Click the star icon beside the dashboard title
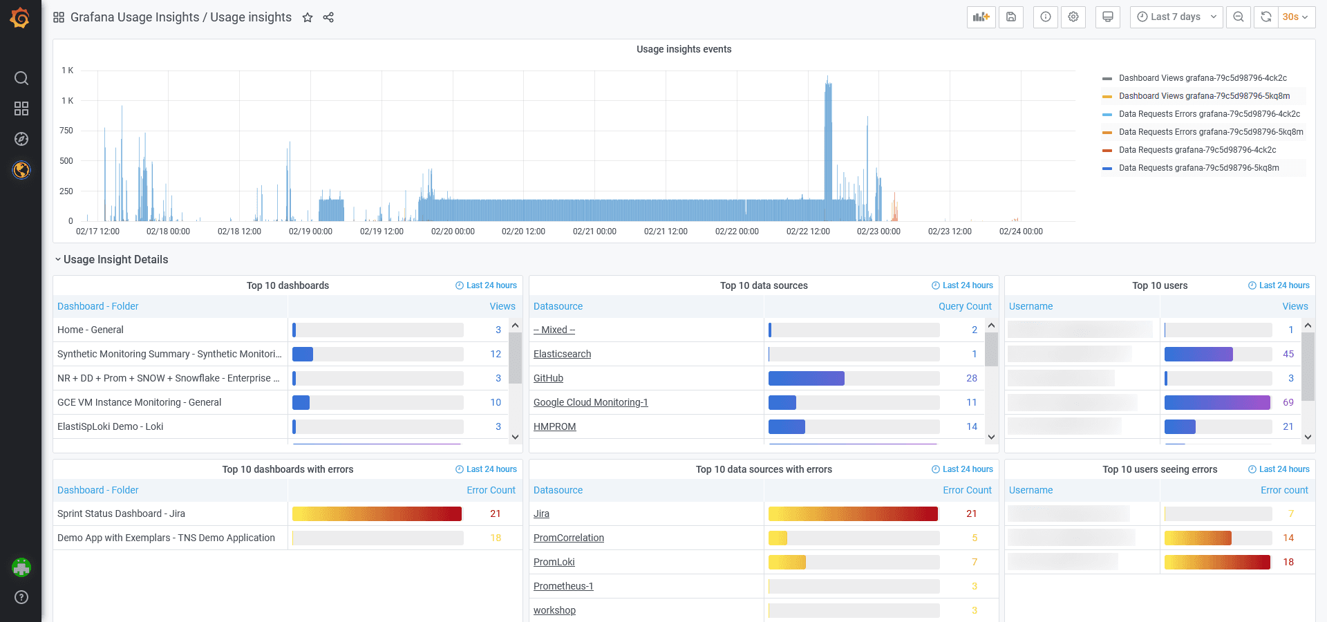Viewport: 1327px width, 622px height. point(308,17)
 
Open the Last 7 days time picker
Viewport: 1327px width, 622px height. point(1176,17)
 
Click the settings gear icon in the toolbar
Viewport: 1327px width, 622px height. point(1073,17)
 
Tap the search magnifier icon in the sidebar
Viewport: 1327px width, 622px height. point(21,78)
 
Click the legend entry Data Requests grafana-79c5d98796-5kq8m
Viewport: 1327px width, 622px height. point(1198,168)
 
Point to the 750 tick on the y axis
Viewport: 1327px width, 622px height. point(66,131)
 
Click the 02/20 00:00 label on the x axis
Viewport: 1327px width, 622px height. point(453,232)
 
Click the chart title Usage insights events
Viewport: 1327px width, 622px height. point(684,49)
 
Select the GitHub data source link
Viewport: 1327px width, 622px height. point(548,378)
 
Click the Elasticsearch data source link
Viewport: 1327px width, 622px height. point(562,354)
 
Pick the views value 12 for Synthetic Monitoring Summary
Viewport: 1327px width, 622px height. point(496,354)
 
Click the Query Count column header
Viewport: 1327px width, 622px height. point(964,306)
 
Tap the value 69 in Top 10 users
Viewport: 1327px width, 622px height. point(1288,402)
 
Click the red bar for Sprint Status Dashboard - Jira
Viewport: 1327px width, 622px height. point(377,513)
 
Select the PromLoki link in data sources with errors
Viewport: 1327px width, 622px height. point(554,562)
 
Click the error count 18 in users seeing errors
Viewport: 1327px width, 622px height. point(1288,562)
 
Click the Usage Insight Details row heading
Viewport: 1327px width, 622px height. point(115,260)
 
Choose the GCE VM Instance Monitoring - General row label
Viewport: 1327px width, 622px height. point(139,402)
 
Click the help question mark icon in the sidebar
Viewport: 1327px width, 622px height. point(21,597)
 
